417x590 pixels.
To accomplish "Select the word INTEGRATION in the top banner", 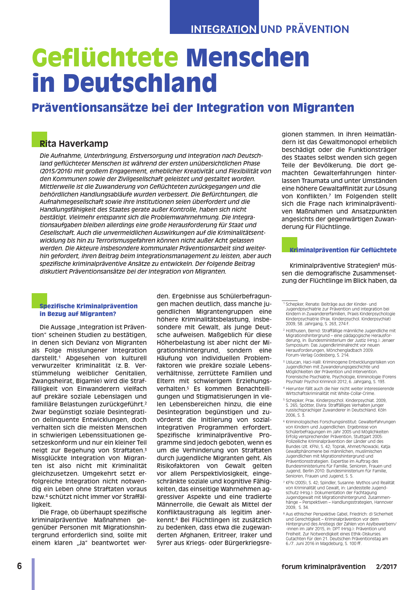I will click(x=223, y=29).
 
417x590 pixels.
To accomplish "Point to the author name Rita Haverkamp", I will click(x=74, y=144).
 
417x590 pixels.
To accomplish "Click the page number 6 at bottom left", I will click(x=20, y=566).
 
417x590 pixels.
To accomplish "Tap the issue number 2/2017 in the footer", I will click(x=386, y=567).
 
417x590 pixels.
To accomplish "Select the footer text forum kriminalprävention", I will click(x=323, y=567).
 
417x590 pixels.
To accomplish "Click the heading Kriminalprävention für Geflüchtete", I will click(x=343, y=250).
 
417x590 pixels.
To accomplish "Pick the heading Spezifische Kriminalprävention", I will click(x=88, y=306).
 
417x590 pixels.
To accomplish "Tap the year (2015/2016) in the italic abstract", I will click(x=57, y=171).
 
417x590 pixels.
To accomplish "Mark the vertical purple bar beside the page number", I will click(x=33, y=573).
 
